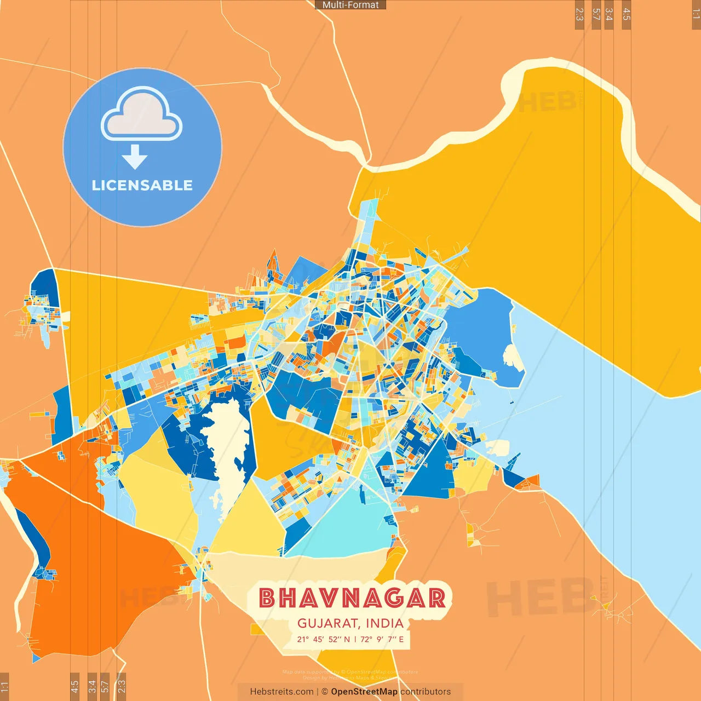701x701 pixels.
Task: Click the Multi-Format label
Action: click(x=350, y=5)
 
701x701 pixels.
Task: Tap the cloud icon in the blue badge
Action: click(x=142, y=114)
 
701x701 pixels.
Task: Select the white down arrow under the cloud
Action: click(x=135, y=157)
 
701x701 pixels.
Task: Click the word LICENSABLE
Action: click(x=142, y=185)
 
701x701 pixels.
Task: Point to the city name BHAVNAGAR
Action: click(x=352, y=598)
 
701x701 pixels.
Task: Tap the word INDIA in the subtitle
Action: click(x=384, y=623)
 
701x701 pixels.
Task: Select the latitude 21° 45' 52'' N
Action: click(x=323, y=639)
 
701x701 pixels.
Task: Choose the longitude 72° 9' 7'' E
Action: click(x=382, y=639)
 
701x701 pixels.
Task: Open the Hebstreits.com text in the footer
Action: click(x=281, y=692)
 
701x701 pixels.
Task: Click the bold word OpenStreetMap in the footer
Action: click(x=364, y=692)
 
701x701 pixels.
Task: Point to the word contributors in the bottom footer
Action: click(x=426, y=692)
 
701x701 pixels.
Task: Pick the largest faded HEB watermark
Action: click(x=539, y=597)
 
